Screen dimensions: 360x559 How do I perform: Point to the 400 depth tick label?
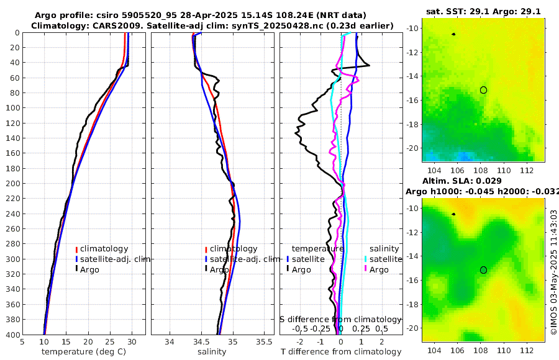[12, 335]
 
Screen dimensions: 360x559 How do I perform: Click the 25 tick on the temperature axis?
[110, 341]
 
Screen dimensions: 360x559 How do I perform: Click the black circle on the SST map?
[483, 90]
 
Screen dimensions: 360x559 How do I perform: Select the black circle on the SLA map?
[483, 270]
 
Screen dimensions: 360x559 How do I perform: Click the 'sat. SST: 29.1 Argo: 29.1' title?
[483, 11]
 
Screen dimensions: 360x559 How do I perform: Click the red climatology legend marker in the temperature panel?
[76, 249]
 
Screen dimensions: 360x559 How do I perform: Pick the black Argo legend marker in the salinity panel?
[206, 269]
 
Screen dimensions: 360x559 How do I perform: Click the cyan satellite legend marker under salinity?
[365, 259]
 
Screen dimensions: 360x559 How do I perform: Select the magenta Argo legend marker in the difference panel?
[365, 269]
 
